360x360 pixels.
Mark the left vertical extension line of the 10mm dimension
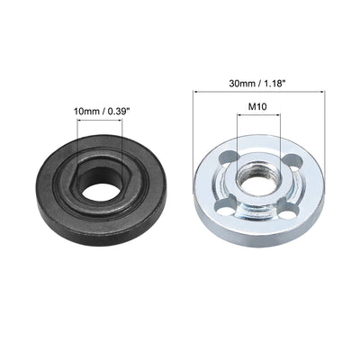[x=80, y=139]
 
